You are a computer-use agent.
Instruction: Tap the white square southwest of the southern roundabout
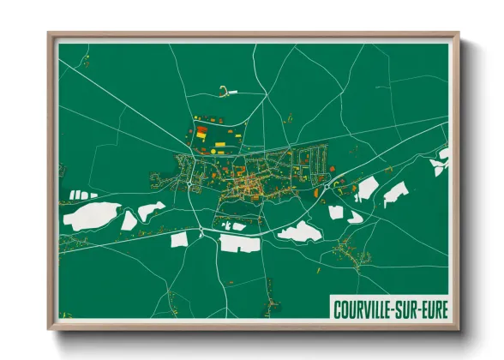point(179,240)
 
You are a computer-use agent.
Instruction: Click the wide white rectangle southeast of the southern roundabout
point(239,243)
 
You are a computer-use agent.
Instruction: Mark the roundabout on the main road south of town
point(200,231)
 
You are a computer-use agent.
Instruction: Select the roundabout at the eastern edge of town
point(327,183)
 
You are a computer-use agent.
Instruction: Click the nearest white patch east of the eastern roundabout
point(367,188)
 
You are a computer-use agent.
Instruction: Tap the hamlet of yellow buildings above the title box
point(348,252)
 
